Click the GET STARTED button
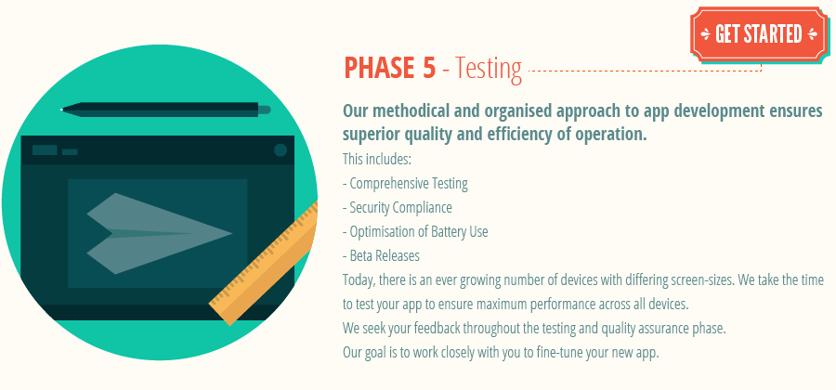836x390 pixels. click(x=757, y=34)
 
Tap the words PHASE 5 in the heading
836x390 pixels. click(x=389, y=68)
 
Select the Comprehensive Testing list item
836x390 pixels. click(x=405, y=183)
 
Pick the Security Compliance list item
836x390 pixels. click(x=397, y=207)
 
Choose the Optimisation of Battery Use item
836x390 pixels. click(x=415, y=231)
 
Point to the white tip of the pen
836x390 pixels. click(x=62, y=110)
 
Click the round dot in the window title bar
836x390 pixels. click(x=281, y=150)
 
